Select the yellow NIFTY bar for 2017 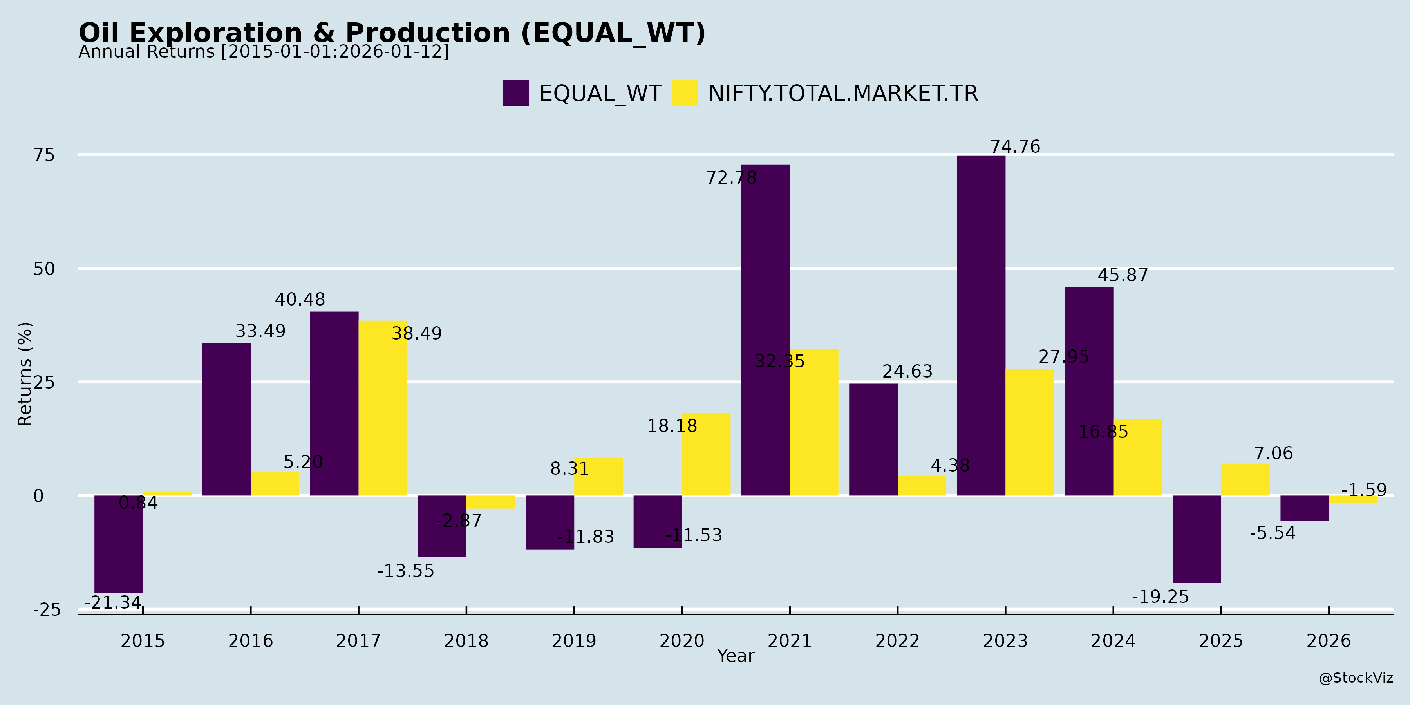(383, 408)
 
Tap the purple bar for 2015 (118, 544)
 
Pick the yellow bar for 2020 (706, 454)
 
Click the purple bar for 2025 (1197, 539)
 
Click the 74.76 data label (1015, 147)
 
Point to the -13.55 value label (406, 571)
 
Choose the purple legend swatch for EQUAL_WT (515, 93)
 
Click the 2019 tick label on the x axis (574, 641)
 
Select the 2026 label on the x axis (1329, 641)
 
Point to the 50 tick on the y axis (44, 269)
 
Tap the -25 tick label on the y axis (47, 610)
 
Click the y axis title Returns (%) (25, 374)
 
